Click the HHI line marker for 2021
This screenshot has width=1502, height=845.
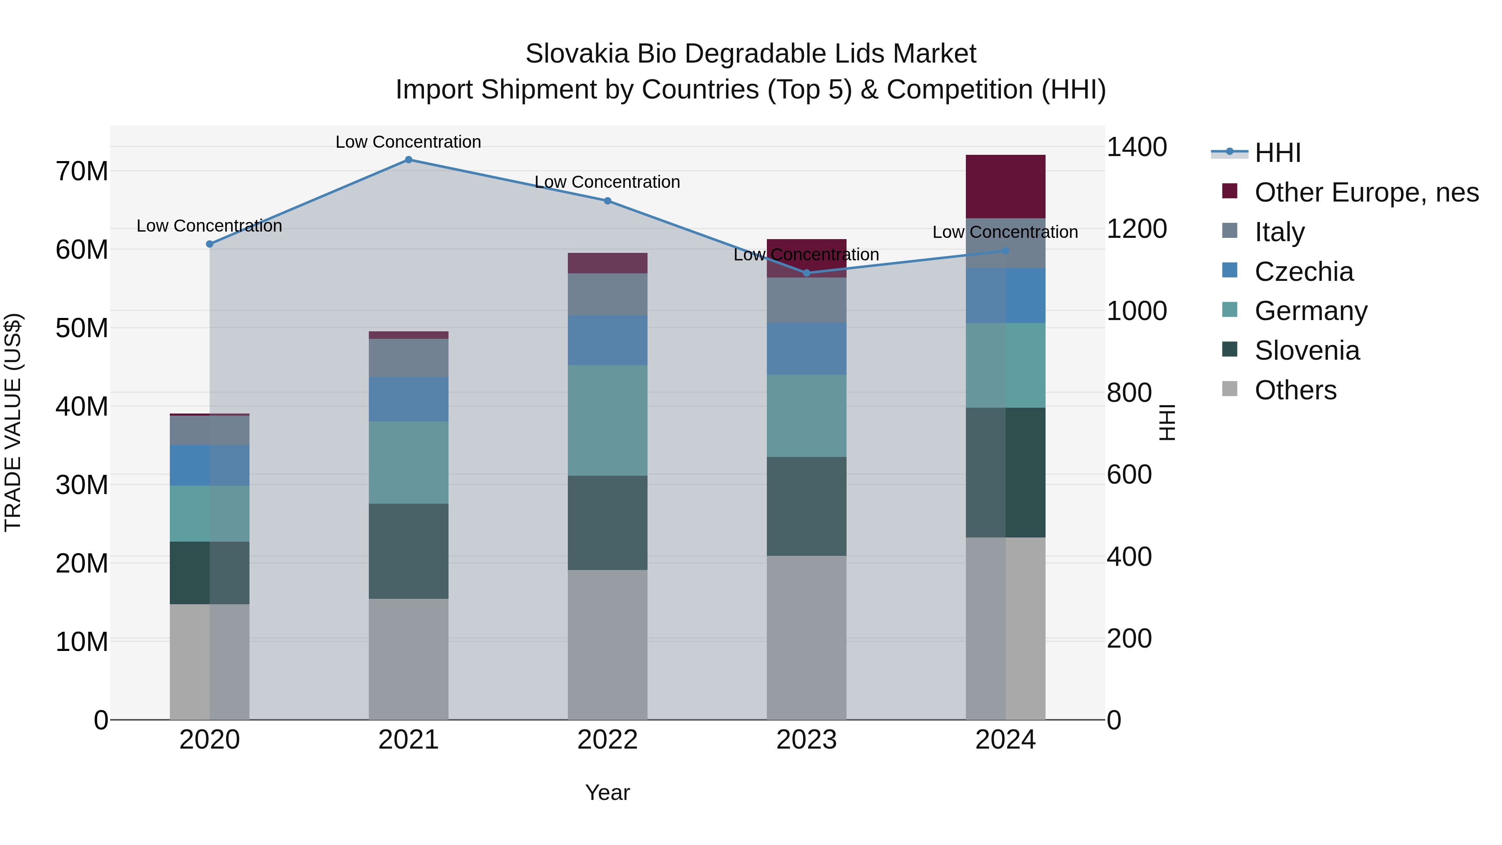tap(408, 160)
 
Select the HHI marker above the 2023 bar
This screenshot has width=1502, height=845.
tap(806, 273)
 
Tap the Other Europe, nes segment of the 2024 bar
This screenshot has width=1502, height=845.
tap(1005, 187)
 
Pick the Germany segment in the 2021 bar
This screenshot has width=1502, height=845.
tap(408, 462)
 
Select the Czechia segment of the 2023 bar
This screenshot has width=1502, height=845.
tap(806, 349)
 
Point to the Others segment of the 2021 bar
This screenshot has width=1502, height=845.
tap(408, 659)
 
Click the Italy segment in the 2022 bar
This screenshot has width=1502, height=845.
tap(607, 295)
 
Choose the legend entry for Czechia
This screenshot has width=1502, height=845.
tap(1304, 272)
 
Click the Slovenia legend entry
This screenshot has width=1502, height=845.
tap(1307, 351)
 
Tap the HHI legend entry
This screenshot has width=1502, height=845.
tap(1277, 153)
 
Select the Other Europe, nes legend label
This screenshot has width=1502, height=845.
tap(1366, 192)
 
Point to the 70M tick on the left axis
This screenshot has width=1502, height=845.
tap(82, 172)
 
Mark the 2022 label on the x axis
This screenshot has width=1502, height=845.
tap(607, 740)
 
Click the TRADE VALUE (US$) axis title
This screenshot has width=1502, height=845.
tap(13, 422)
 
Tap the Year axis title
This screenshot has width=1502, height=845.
tap(607, 792)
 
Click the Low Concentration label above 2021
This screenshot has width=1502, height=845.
tap(408, 142)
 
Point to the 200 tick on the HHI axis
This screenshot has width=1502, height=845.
tap(1129, 638)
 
